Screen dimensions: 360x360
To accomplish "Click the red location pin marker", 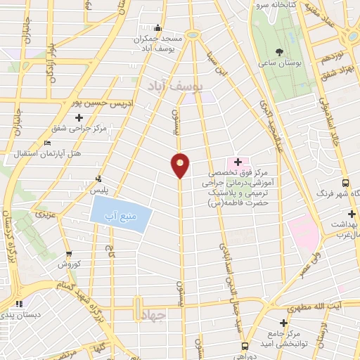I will click(181, 165).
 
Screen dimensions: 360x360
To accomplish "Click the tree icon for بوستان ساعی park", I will click(280, 52).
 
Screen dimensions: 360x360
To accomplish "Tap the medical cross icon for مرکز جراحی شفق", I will click(78, 117).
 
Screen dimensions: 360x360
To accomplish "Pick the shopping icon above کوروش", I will click(68, 254).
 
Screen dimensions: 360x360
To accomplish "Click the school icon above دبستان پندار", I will click(18, 304).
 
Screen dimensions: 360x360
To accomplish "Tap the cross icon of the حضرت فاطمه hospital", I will click(238, 162).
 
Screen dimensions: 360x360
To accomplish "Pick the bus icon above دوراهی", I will click(244, 346).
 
